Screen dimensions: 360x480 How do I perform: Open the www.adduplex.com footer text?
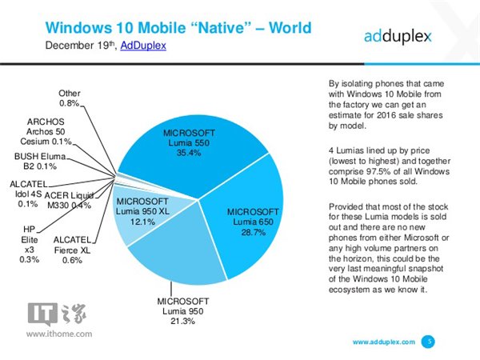tap(383, 342)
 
